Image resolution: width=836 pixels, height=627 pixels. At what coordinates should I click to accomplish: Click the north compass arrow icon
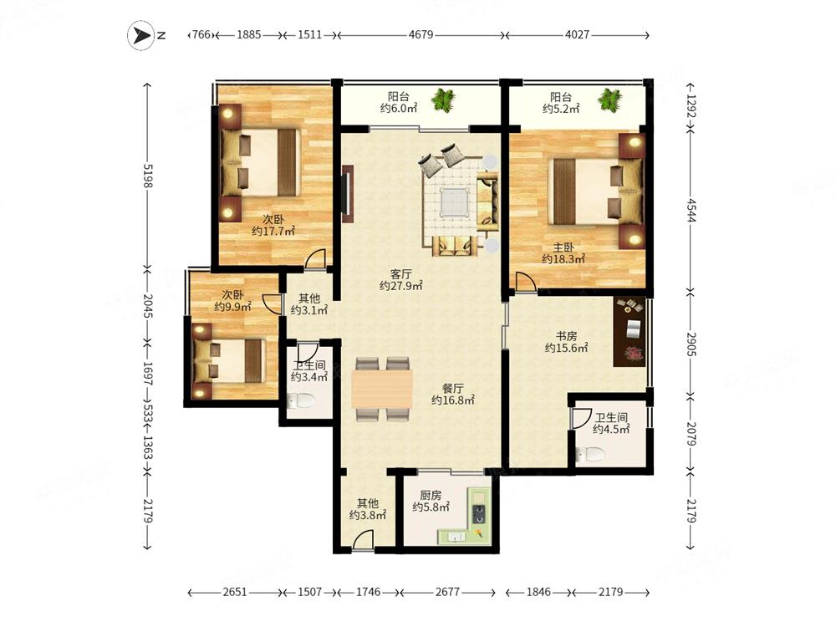140,35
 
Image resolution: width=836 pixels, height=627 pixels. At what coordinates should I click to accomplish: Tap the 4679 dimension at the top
421,35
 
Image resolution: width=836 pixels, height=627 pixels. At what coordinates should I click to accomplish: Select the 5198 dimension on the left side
148,176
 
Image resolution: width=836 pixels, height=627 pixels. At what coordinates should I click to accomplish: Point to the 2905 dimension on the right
691,344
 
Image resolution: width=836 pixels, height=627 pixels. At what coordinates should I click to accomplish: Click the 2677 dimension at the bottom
447,592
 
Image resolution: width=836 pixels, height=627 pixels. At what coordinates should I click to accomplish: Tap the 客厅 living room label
401,274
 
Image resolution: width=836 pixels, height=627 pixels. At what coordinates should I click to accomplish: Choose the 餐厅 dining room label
452,388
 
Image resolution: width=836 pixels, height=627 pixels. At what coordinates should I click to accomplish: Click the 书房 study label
566,336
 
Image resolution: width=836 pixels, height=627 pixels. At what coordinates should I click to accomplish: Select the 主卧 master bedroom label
563,247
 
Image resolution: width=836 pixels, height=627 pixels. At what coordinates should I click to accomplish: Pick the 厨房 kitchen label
431,495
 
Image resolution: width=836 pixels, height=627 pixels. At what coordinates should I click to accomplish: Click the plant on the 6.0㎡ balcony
443,99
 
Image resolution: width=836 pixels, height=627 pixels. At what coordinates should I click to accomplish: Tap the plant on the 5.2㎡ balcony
609,99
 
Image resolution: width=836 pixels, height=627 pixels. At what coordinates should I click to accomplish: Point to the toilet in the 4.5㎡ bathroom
591,455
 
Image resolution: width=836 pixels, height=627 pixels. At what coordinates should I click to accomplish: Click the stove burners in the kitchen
479,513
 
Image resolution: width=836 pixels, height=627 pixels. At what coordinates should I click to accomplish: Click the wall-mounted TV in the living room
348,194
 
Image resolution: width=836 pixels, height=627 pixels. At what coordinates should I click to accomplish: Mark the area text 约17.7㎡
273,232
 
